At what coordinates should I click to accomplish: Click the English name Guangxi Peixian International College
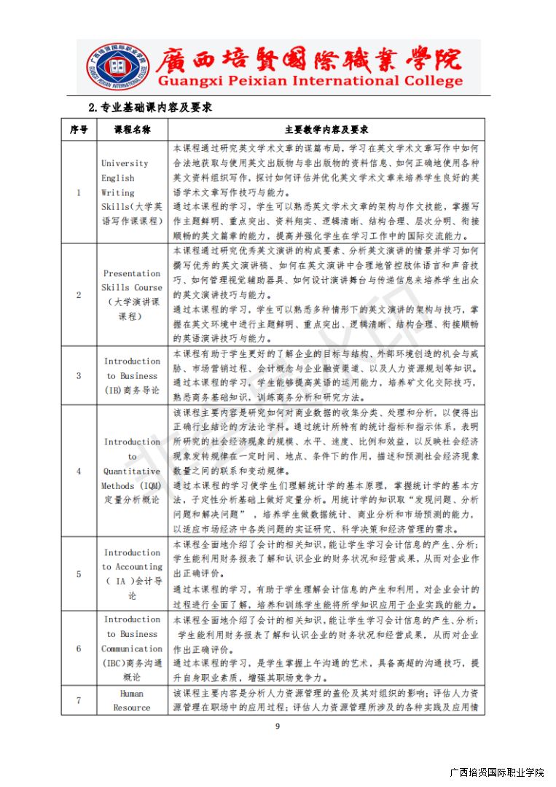click(310, 81)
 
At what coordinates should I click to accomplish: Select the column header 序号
click(79, 130)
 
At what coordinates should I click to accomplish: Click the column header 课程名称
click(132, 130)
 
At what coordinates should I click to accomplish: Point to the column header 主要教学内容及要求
click(326, 130)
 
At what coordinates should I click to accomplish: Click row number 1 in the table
click(79, 192)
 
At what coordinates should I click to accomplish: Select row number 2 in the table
click(79, 295)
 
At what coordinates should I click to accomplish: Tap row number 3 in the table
click(79, 375)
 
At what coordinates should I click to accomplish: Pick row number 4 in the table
click(79, 471)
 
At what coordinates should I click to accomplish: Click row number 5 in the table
click(79, 573)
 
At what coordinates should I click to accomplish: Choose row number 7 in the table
click(79, 700)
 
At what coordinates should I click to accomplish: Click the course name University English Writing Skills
click(132, 192)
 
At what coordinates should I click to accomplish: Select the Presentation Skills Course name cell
click(132, 295)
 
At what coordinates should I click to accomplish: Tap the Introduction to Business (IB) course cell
click(132, 375)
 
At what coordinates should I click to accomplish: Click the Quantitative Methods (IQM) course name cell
click(132, 471)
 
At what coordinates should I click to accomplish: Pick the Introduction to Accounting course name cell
click(132, 573)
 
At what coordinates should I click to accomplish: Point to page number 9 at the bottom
click(277, 726)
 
